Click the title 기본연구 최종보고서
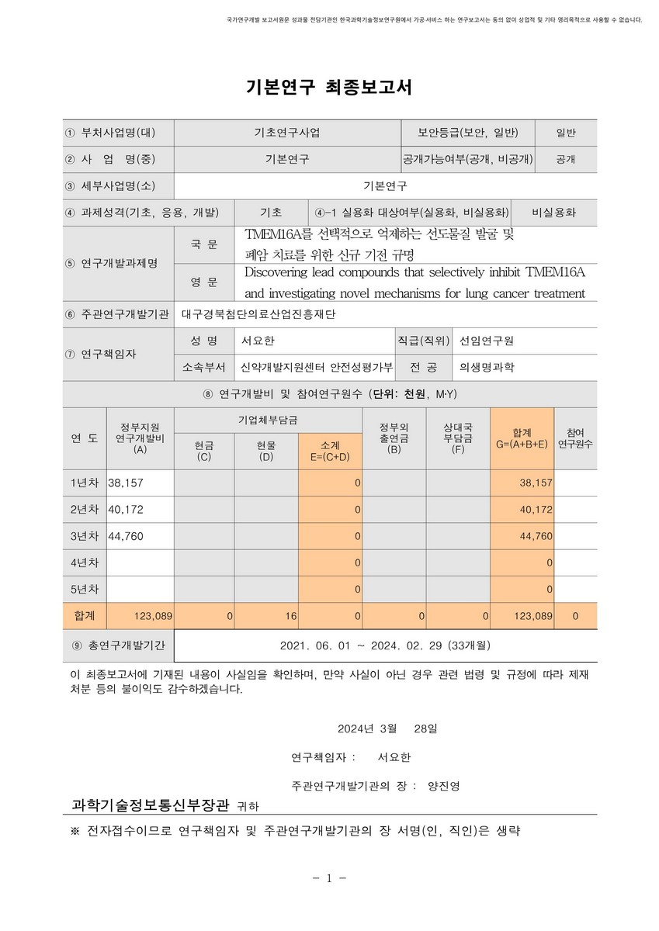tap(329, 87)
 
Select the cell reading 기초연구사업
tap(286, 132)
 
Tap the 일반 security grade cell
tap(566, 132)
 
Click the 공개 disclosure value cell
tap(566, 159)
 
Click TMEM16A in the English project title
tap(555, 272)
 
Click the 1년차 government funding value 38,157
tap(126, 483)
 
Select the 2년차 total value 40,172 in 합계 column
tap(536, 510)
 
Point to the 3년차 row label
tap(85, 536)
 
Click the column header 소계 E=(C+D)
tap(329, 451)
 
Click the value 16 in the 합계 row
tap(290, 615)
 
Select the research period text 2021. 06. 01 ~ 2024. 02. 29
tap(373, 645)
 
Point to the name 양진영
tap(443, 784)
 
